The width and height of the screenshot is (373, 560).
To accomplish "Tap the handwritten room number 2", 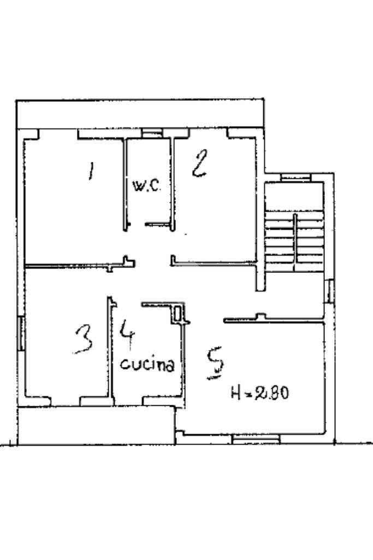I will (x=199, y=164).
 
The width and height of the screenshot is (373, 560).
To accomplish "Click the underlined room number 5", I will (x=216, y=363).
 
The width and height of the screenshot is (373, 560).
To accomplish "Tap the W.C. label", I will (x=146, y=186).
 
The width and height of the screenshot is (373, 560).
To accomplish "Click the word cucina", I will (x=147, y=364).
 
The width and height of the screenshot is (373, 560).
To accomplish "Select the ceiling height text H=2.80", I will (x=259, y=392).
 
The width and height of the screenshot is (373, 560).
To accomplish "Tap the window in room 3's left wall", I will (x=21, y=334).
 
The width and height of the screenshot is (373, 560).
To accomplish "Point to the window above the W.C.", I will (x=152, y=132).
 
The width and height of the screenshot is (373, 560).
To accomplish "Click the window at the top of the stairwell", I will (x=295, y=177).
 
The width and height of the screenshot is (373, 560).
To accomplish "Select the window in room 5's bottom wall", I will (x=256, y=438).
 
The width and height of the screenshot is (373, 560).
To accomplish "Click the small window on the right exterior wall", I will (x=329, y=291).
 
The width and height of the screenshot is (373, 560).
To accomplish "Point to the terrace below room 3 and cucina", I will (x=96, y=425).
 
